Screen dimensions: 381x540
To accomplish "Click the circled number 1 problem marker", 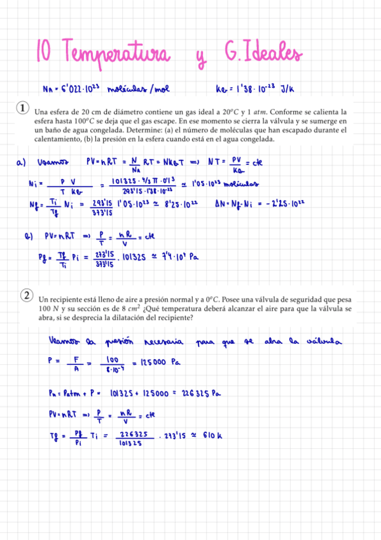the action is (23, 108).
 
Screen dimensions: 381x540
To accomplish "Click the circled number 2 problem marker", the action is (27, 295).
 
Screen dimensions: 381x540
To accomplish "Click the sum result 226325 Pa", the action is (197, 393).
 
